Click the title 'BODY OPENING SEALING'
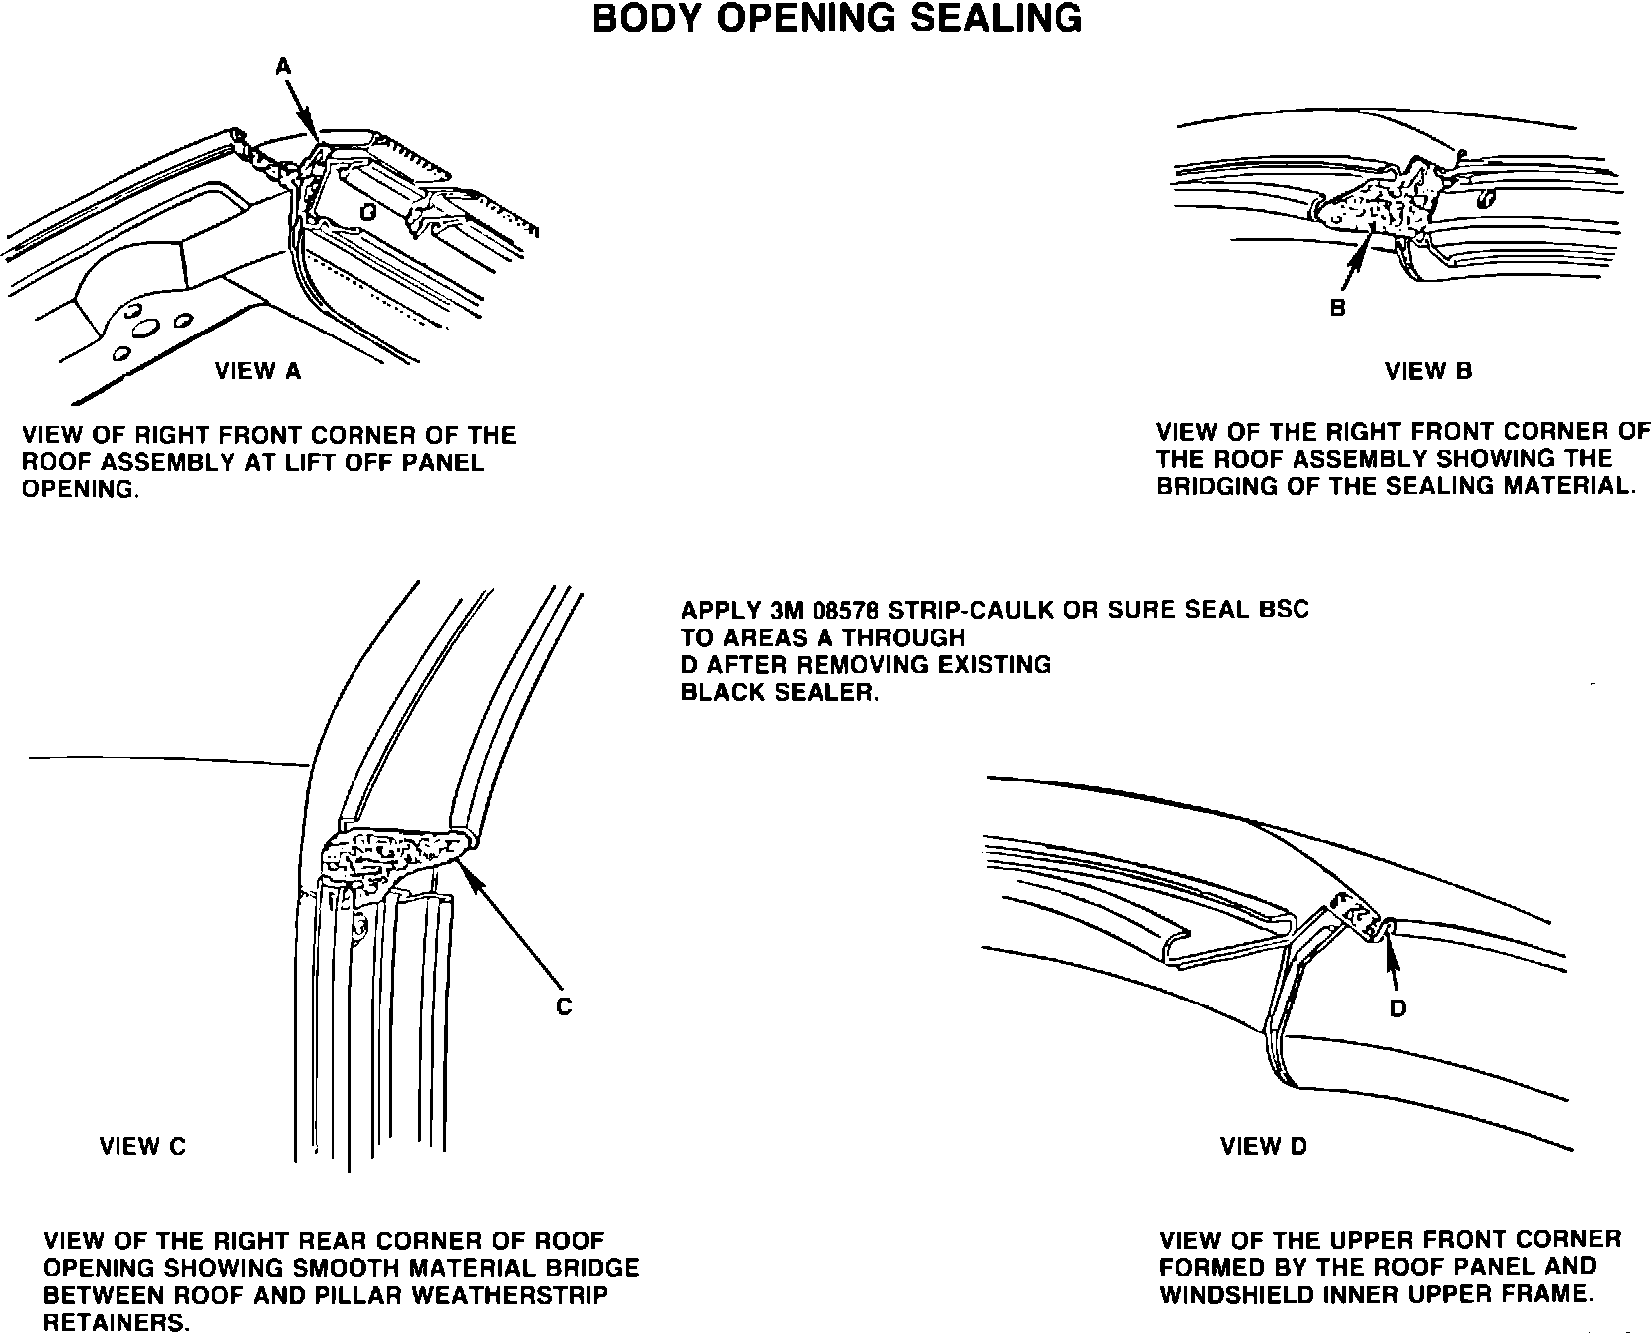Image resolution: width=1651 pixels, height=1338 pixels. [836, 19]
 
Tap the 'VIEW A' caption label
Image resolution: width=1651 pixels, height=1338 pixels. [258, 371]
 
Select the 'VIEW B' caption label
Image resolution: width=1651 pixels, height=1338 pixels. [1428, 371]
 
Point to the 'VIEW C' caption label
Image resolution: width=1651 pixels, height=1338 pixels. [142, 1146]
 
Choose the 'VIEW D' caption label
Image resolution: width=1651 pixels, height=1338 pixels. [1263, 1146]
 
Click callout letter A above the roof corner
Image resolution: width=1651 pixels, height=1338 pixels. [283, 66]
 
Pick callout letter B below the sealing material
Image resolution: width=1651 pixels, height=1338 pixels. [1337, 308]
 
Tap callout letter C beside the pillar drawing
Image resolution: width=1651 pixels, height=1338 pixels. [564, 1007]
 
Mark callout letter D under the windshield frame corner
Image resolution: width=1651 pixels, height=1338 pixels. [1398, 1008]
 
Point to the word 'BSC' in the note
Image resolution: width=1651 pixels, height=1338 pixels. [1284, 610]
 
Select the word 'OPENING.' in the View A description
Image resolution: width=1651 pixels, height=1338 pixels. [81, 490]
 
